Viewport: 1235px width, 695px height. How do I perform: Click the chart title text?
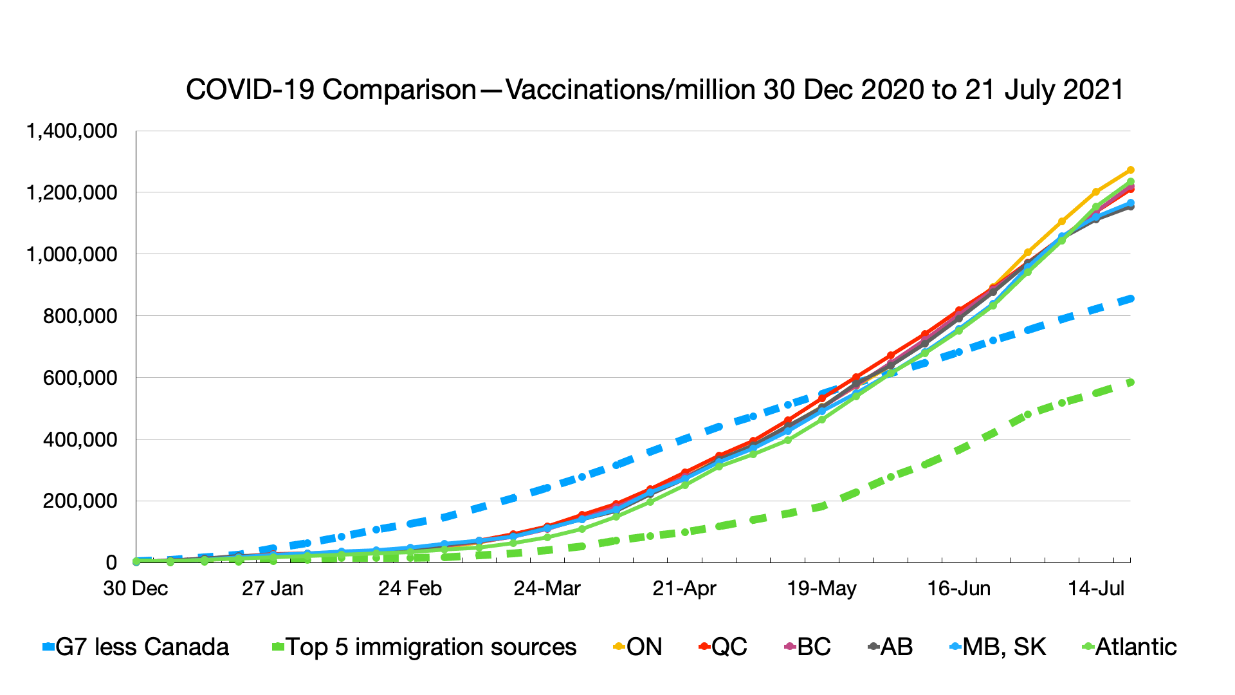tap(655, 90)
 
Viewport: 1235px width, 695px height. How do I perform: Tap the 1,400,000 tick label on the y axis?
tap(71, 131)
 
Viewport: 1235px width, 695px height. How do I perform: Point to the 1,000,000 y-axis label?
tap(71, 254)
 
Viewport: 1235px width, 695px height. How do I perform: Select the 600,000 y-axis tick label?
tap(80, 378)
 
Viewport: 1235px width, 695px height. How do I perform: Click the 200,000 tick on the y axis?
tap(80, 501)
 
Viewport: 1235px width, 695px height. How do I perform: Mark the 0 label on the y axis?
tap(111, 562)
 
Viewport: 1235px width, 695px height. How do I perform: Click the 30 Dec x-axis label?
tap(136, 588)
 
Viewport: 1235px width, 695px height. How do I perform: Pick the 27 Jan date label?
tap(273, 588)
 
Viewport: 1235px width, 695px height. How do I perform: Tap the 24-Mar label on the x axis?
tap(547, 588)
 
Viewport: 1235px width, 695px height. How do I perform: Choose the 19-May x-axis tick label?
tap(821, 588)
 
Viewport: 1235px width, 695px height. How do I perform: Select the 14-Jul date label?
tap(1096, 588)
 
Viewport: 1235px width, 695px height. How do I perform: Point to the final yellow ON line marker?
tap(1130, 170)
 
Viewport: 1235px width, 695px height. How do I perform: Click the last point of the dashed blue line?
tap(1130, 299)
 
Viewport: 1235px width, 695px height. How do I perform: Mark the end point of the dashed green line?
tap(1130, 382)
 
